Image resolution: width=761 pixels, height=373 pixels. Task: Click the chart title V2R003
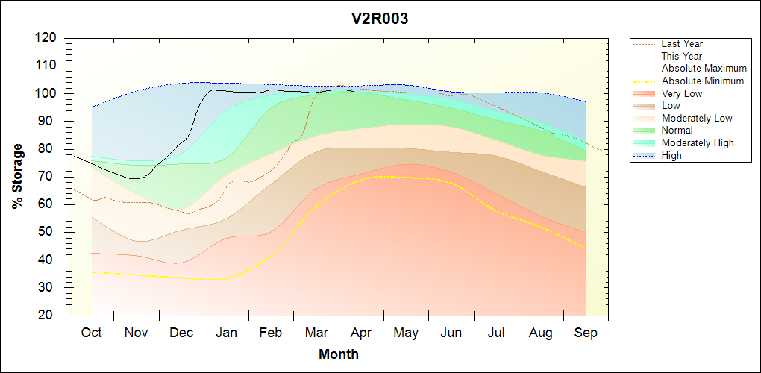(380, 19)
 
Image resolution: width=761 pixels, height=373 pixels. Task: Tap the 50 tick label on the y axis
(49, 232)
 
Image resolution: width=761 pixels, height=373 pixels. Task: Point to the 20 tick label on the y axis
(49, 316)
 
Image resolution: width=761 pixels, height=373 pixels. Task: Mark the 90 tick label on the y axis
(49, 121)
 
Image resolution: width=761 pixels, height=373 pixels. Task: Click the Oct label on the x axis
(91, 333)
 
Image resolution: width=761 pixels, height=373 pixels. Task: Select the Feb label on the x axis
(271, 333)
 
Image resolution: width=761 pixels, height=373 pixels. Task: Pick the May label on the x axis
(406, 333)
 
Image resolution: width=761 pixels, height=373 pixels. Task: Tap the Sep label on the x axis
(586, 333)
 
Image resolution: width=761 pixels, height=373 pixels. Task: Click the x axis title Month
(339, 354)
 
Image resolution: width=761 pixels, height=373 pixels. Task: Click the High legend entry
(671, 155)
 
